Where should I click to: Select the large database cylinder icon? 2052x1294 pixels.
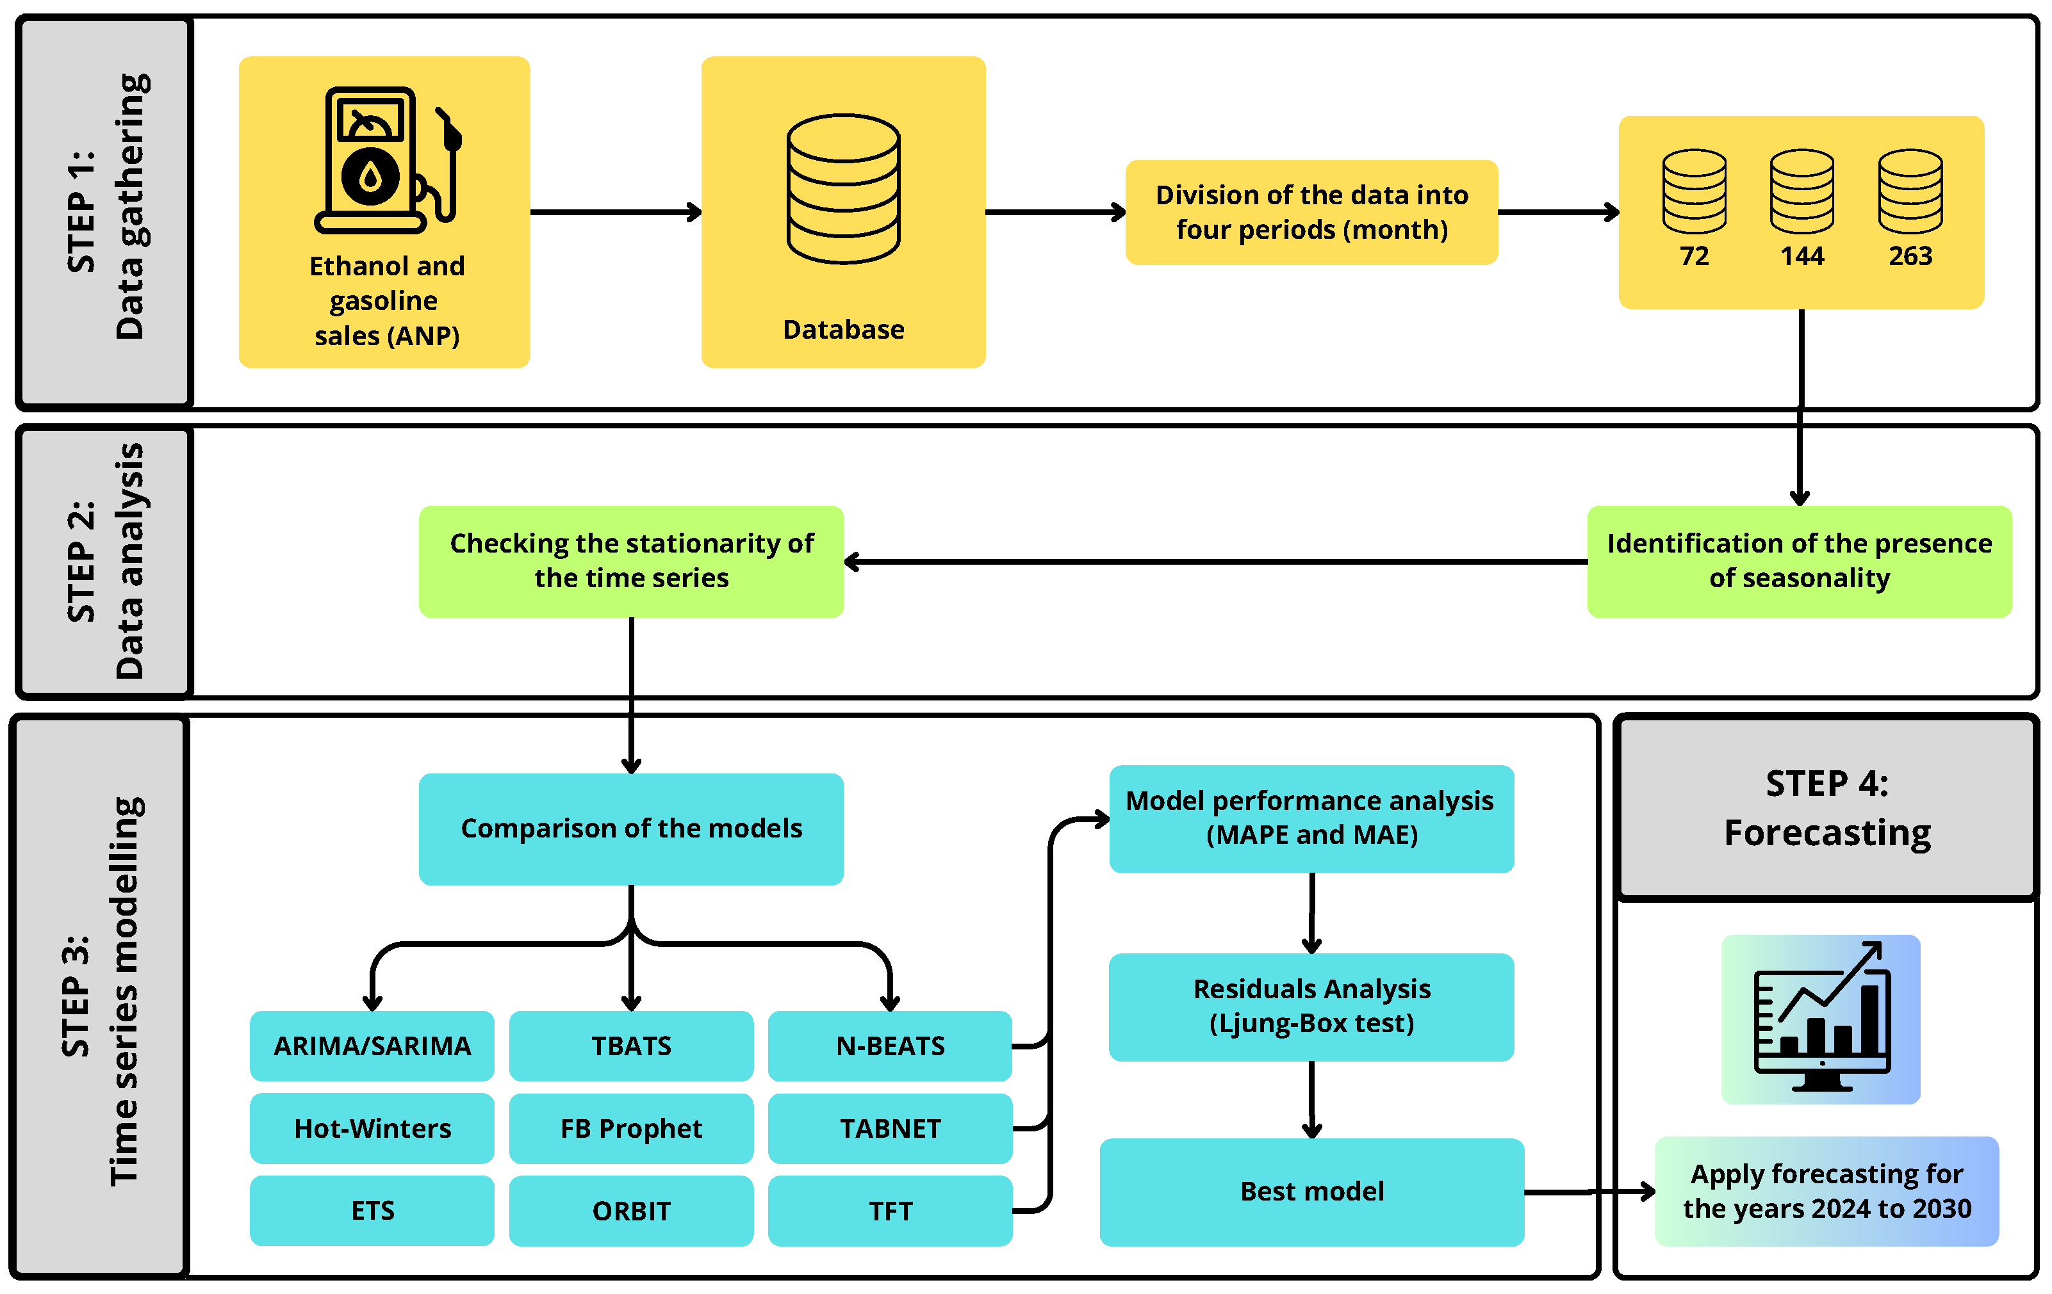click(843, 189)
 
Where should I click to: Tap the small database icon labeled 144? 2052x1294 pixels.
click(1802, 191)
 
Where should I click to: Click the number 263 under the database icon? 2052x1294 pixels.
click(1910, 256)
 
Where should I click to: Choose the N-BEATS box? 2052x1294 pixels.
click(890, 1045)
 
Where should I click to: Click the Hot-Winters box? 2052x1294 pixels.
click(372, 1128)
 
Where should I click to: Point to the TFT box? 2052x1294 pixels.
click(890, 1211)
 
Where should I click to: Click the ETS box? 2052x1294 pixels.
click(372, 1211)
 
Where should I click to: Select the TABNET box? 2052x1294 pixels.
click(890, 1128)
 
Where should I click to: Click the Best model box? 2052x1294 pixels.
click(1311, 1191)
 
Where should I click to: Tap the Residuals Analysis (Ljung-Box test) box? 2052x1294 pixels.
click(1311, 1006)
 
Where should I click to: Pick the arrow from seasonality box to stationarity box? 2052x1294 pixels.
click(1214, 562)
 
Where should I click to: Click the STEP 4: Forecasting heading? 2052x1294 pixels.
click(1826, 807)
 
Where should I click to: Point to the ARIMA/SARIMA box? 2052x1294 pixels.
click(372, 1045)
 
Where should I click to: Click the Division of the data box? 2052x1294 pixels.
click(1311, 212)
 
